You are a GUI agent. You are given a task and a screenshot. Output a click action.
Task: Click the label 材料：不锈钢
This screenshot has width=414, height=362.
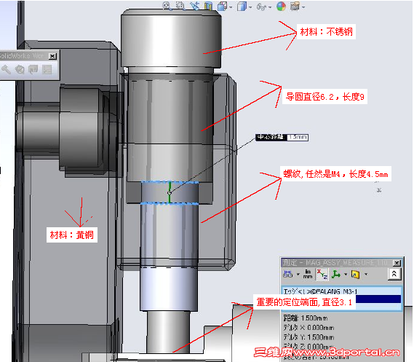point(327,32)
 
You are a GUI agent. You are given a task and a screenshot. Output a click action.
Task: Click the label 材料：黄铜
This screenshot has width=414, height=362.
point(72,235)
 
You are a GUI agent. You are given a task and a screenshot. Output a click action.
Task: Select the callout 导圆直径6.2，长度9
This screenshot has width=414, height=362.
point(325,96)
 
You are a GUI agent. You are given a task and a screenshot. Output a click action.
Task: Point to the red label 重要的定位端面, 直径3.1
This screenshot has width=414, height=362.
point(303,302)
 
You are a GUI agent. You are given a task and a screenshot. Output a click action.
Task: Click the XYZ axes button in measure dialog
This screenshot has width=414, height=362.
point(322,275)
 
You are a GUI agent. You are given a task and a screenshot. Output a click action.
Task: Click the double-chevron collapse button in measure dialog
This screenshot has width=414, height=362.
point(394,275)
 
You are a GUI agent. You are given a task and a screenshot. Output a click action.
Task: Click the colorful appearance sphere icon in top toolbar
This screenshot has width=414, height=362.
point(281,7)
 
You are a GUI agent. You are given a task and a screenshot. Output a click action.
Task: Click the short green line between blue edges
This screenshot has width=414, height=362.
point(170,193)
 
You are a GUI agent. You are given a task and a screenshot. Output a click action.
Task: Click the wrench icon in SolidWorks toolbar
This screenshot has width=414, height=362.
point(7,69)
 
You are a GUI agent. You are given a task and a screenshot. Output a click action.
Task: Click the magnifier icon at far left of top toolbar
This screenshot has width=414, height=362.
point(167,7)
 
